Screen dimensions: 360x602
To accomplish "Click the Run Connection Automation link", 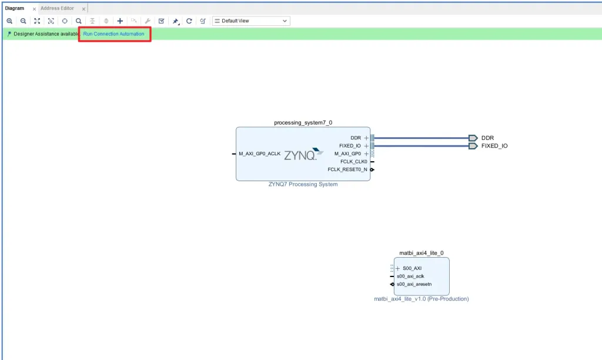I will coord(113,34).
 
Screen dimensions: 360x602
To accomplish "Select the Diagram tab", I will coord(15,8).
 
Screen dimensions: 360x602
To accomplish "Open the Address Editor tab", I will coord(57,8).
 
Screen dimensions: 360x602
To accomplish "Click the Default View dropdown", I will coord(251,21).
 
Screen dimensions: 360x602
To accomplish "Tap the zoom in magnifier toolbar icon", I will coord(9,21).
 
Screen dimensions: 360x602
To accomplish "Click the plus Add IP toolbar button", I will coord(120,21).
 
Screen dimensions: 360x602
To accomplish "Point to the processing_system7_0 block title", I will coord(303,122).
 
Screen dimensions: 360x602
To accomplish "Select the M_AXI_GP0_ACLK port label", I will coord(259,154).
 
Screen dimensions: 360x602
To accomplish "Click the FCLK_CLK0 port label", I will coord(353,162).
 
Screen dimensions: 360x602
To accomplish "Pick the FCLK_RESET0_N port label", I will coord(347,169).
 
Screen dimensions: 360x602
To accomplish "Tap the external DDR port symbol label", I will coord(487,138).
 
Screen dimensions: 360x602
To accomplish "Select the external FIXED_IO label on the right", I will coord(494,146).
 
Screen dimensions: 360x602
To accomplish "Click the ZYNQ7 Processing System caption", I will coord(303,185).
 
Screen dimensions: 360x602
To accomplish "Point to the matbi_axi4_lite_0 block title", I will coord(421,253).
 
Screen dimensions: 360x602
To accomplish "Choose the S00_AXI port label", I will coord(412,268).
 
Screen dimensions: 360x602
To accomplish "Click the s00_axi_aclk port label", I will coord(410,276).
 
